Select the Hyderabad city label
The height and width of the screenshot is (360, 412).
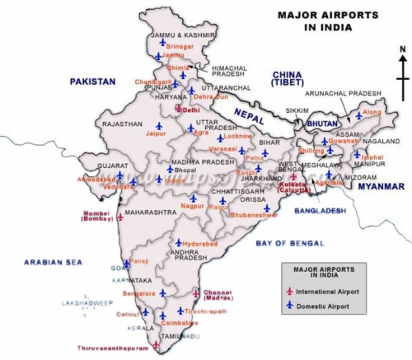click(199, 246)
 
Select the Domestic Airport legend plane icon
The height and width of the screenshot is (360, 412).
click(289, 306)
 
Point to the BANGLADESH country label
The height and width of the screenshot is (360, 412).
click(321, 211)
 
